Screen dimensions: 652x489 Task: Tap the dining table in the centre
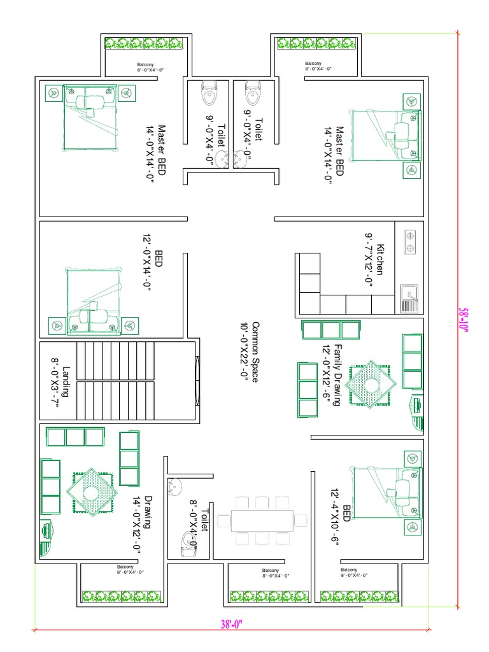pyautogui.click(x=262, y=520)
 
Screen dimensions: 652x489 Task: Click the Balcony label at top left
pyautogui.click(x=146, y=67)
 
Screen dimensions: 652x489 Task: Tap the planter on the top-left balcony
pyautogui.click(x=144, y=43)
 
